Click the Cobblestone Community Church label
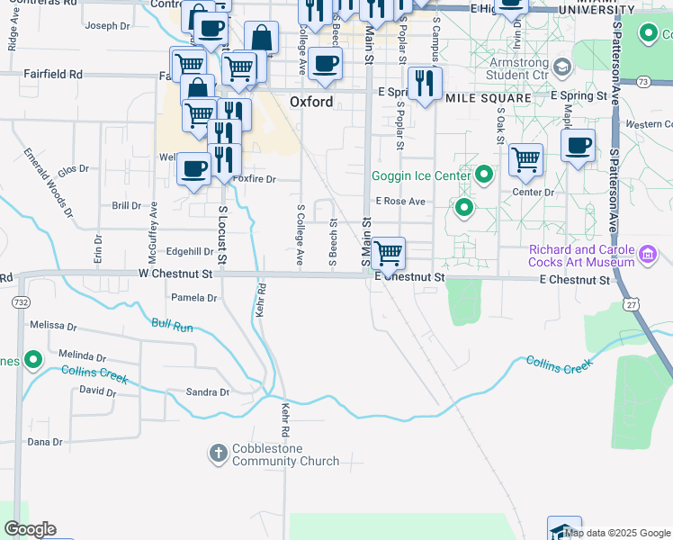286,454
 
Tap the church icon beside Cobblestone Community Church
219,453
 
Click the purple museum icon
646,256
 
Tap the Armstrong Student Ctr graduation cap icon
562,67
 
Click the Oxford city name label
311,102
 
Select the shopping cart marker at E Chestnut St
389,254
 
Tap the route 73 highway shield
642,81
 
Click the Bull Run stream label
173,326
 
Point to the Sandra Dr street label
208,392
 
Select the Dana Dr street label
44,442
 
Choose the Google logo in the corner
30,529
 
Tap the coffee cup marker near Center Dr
578,145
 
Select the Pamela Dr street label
193,298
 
